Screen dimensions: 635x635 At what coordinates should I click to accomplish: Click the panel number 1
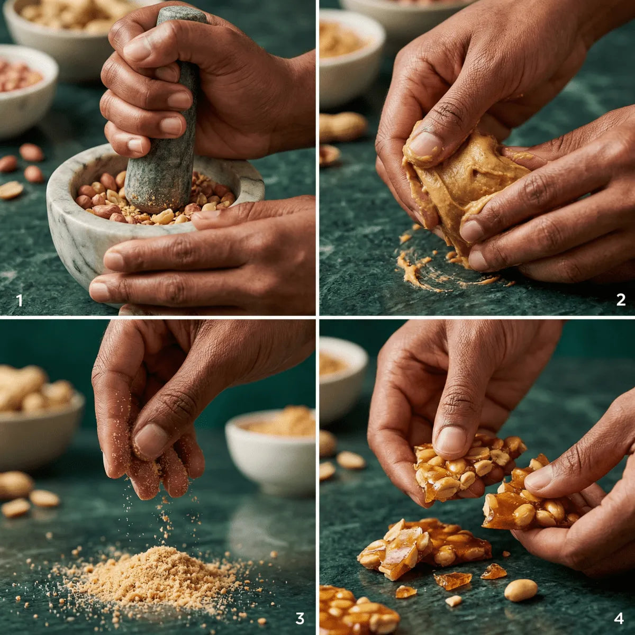(x=20, y=300)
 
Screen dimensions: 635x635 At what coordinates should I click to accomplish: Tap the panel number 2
(x=621, y=300)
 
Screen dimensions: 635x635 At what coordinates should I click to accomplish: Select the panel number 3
(x=300, y=618)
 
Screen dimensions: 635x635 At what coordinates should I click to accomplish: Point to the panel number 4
(x=619, y=618)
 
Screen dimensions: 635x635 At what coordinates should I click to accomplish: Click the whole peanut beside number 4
(x=521, y=589)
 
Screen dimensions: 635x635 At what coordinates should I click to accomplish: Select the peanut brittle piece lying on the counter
(x=423, y=548)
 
